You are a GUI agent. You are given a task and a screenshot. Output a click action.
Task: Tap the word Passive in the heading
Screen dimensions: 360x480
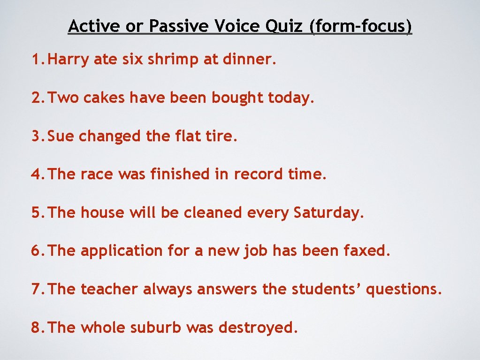coord(180,26)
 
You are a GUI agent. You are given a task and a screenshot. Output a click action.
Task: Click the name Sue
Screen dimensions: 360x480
coord(61,136)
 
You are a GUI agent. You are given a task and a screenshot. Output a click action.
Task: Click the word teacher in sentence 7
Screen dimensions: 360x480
coord(110,289)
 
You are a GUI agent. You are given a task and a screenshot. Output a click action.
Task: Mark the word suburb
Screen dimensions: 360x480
coord(156,328)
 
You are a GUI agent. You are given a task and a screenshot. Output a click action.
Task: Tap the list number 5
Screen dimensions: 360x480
coord(37,213)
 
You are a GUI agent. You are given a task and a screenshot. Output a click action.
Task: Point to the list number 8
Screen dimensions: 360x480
coord(37,328)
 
